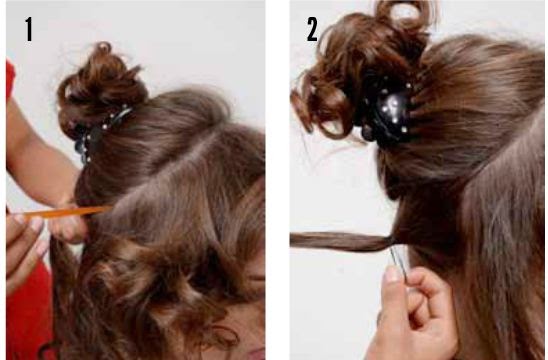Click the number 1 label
pos(29,30)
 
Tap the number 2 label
pos(312,30)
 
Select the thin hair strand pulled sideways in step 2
pos(341,241)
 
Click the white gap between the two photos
pos(277,180)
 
